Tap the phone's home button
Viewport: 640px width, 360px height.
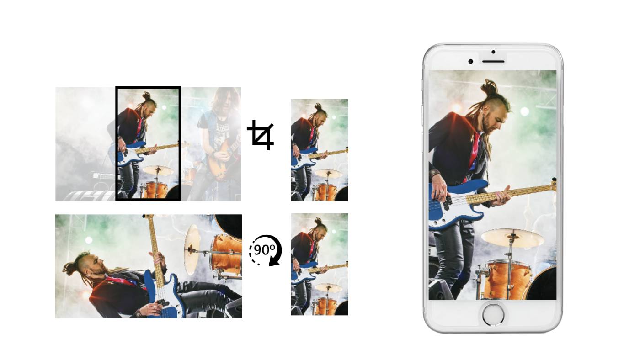(493, 314)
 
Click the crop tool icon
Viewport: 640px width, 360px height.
(261, 135)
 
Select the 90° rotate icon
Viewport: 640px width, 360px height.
(265, 250)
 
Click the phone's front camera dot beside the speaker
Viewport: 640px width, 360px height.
(470, 61)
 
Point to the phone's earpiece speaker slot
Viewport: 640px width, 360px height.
(493, 62)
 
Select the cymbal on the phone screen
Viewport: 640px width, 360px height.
(512, 238)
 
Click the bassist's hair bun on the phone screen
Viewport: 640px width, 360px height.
(489, 87)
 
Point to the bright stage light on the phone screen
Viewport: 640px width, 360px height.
(525, 111)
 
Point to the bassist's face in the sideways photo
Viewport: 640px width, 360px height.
(96, 265)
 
